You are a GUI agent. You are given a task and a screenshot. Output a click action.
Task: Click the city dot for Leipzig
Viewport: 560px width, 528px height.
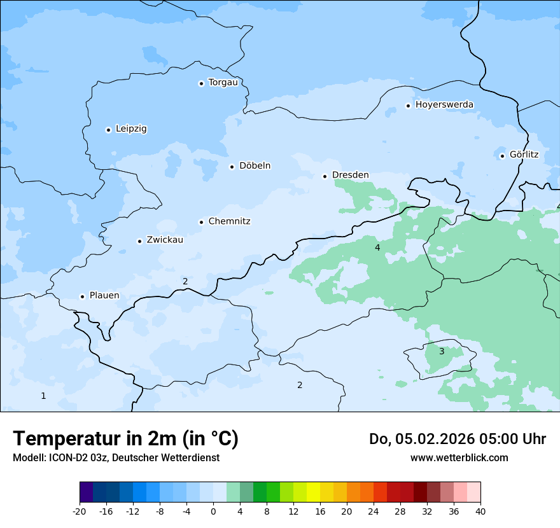pos(108,130)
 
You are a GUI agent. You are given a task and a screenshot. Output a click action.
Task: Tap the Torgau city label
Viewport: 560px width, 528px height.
pos(223,83)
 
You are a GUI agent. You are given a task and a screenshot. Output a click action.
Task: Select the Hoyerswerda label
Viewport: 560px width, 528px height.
pos(444,104)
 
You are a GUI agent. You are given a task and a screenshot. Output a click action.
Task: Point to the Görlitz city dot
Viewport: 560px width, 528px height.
pos(502,156)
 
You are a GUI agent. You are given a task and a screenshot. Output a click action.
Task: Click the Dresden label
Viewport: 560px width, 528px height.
pos(350,175)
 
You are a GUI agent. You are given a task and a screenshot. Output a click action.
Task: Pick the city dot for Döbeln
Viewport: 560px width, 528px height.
pos(232,167)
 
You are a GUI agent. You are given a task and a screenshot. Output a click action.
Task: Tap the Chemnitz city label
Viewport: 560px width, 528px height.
pos(229,221)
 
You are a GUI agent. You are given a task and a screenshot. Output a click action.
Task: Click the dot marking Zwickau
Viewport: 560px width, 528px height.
pos(139,241)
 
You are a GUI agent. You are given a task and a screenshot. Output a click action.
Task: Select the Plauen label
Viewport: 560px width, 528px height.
pos(104,296)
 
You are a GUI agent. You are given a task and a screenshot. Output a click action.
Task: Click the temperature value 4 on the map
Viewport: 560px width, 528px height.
pos(377,247)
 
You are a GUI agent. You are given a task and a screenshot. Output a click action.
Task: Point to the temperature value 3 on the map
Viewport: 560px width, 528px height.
pos(442,351)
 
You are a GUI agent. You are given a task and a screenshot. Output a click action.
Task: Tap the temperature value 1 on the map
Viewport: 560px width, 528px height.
pos(43,396)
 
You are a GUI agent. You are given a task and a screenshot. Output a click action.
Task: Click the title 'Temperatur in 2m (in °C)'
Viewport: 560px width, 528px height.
pos(125,438)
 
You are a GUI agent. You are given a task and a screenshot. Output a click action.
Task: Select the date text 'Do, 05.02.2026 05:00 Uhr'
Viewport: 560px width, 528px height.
pos(457,439)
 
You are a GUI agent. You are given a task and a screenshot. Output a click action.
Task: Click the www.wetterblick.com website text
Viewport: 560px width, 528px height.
pos(459,457)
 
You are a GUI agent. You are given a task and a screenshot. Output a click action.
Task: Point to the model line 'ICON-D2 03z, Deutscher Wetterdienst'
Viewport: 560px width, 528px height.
pos(116,457)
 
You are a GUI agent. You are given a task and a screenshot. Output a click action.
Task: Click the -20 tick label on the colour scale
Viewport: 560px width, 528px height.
pos(80,511)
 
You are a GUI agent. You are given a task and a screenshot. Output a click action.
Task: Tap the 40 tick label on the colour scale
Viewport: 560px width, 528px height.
pos(480,511)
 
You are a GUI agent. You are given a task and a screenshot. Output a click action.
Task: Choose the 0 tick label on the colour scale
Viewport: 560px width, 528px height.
pos(213,511)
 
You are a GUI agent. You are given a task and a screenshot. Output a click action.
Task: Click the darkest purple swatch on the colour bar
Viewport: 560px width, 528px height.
pos(86,492)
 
